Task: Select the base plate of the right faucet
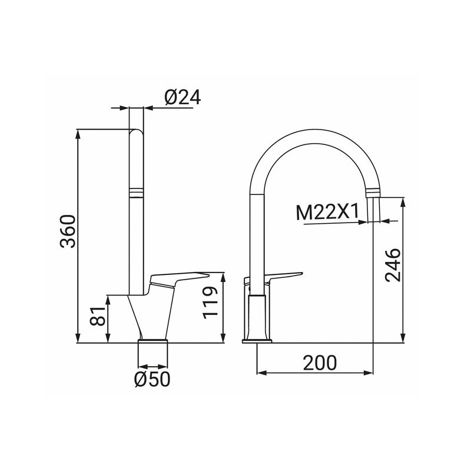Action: (x=257, y=339)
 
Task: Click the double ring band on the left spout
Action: (x=136, y=191)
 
